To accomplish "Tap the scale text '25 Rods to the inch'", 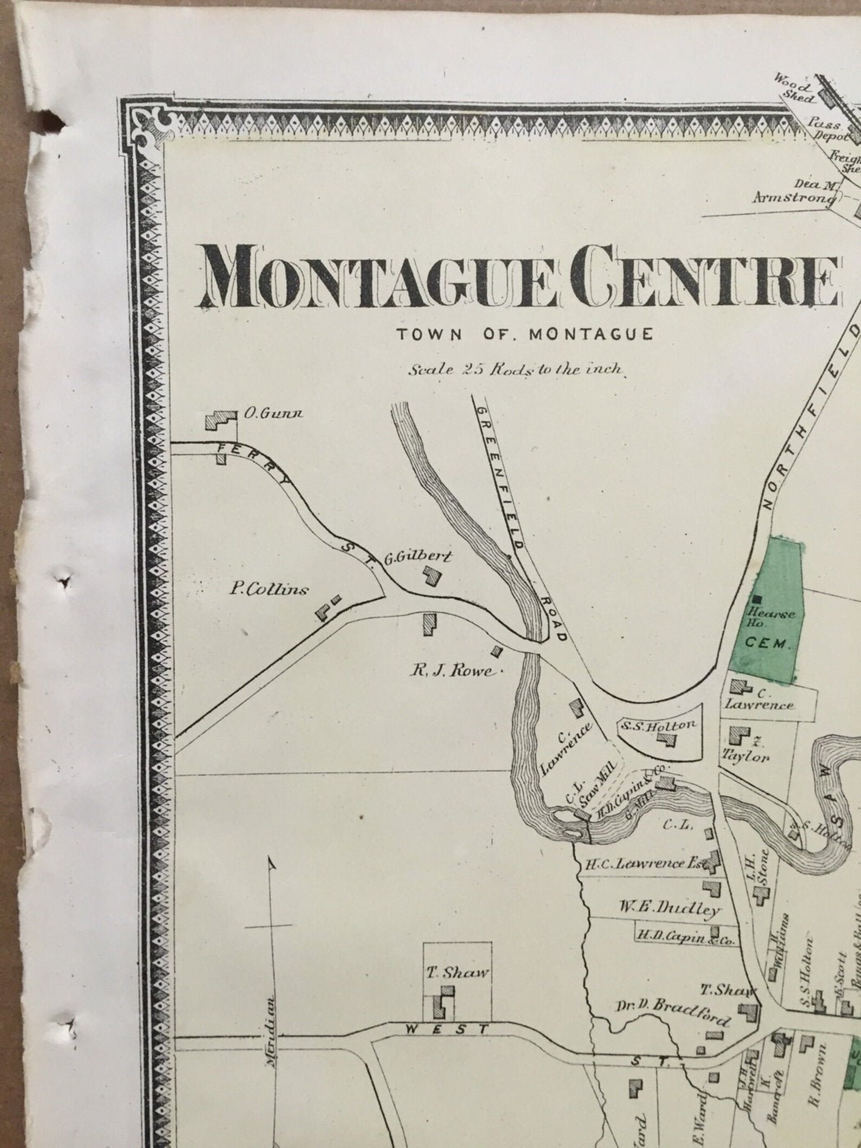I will tap(517, 371).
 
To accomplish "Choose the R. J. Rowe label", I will tap(453, 672).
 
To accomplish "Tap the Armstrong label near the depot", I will tap(793, 197).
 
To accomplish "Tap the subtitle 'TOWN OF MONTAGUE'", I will tap(524, 335).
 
